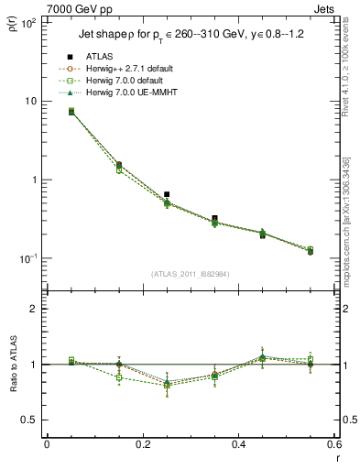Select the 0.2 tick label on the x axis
(x=142, y=444)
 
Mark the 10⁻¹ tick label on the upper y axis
(x=27, y=258)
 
